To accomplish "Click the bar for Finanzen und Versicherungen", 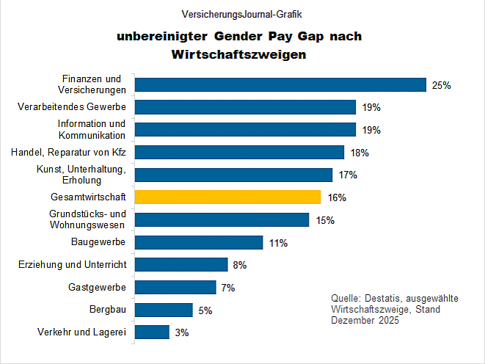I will pyautogui.click(x=281, y=85).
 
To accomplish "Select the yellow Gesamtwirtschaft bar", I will pyautogui.click(x=228, y=197).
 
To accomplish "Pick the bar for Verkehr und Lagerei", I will pyautogui.click(x=153, y=332).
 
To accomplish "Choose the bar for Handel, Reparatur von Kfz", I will pyautogui.click(x=240, y=153).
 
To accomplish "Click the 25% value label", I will pyautogui.click(x=441, y=85).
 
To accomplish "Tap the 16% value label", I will pyautogui.click(x=337, y=197).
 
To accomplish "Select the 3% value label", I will pyautogui.click(x=182, y=332).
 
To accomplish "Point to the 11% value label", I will pyautogui.click(x=278, y=243).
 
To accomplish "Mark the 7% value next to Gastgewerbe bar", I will pyautogui.click(x=227, y=288).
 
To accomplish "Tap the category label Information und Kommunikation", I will pyautogui.click(x=92, y=130).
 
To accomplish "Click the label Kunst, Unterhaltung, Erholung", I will pyautogui.click(x=81, y=175).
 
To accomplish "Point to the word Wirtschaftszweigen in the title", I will pyautogui.click(x=238, y=54).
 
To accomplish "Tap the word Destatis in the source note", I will pyautogui.click(x=382, y=299).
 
